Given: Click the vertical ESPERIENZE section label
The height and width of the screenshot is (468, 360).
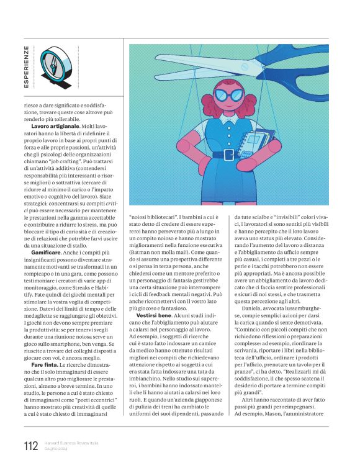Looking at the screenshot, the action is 26,66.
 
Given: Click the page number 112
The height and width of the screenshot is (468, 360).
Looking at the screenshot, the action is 30,446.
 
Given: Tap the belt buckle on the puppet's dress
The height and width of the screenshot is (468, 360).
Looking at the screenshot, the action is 228,155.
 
